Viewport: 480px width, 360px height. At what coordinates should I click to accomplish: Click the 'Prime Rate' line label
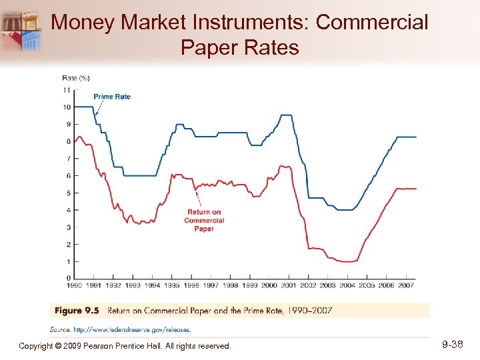tap(112, 97)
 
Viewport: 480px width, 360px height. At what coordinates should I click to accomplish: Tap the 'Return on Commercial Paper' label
tap(203, 221)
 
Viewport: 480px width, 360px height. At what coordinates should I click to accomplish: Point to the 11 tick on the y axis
tap(67, 90)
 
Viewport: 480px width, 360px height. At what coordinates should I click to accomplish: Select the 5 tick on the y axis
tap(67, 193)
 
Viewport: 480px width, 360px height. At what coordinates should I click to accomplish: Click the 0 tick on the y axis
tap(67, 277)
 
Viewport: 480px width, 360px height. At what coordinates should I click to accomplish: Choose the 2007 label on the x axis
tap(405, 285)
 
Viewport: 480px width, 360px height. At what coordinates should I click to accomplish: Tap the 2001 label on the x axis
tap(288, 285)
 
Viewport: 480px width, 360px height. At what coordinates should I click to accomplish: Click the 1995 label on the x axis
tap(171, 285)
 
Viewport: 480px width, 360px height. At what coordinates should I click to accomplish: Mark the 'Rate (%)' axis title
tap(76, 78)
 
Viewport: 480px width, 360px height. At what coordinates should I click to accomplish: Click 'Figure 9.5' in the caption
tap(78, 310)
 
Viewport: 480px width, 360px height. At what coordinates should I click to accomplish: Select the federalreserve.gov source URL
tap(131, 329)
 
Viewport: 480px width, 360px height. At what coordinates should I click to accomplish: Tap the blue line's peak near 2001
tap(286, 115)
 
